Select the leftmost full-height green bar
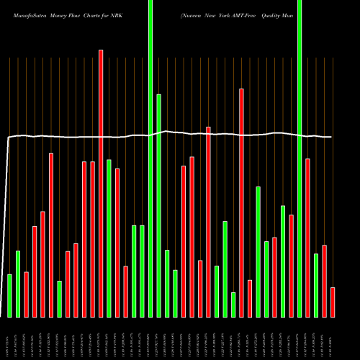click(150, 158)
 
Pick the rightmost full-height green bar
click(300, 158)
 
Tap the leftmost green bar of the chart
click(9, 295)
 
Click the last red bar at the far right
click(333, 302)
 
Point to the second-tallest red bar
click(241, 202)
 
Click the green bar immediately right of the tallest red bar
click(109, 238)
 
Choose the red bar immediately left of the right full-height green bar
click(291, 266)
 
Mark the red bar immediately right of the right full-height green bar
click(307, 238)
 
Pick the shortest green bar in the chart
click(233, 305)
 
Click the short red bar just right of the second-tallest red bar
click(250, 298)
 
